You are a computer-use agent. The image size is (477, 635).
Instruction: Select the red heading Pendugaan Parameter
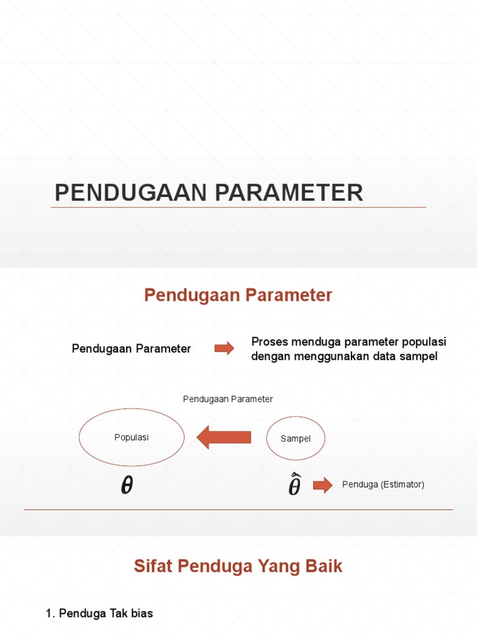(x=238, y=295)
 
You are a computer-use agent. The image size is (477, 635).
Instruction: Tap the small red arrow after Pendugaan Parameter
(x=224, y=349)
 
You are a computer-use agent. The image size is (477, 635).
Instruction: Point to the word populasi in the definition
(x=425, y=342)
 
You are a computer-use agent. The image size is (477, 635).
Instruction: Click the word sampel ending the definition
(x=420, y=357)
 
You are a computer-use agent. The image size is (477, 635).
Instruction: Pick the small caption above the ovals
(x=228, y=399)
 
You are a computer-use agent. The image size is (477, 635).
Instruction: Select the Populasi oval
(x=132, y=437)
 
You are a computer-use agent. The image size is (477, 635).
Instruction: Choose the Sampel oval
(x=296, y=438)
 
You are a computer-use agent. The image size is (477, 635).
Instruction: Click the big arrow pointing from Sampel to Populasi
(x=224, y=438)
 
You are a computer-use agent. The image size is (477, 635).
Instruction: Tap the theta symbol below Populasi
(x=127, y=486)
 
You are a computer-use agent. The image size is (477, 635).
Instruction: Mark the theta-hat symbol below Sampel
(x=294, y=485)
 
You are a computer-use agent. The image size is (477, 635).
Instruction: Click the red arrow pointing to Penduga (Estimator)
(x=322, y=485)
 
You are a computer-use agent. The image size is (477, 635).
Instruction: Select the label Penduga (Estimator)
(x=383, y=485)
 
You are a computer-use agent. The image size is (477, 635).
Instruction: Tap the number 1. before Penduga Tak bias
(x=50, y=613)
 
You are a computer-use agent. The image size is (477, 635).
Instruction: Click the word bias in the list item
(x=142, y=613)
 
